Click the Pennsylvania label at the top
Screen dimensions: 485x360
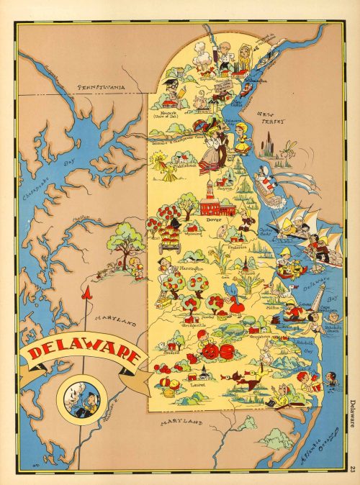101,86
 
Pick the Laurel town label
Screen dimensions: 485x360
197,384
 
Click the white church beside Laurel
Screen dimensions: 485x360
204,372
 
